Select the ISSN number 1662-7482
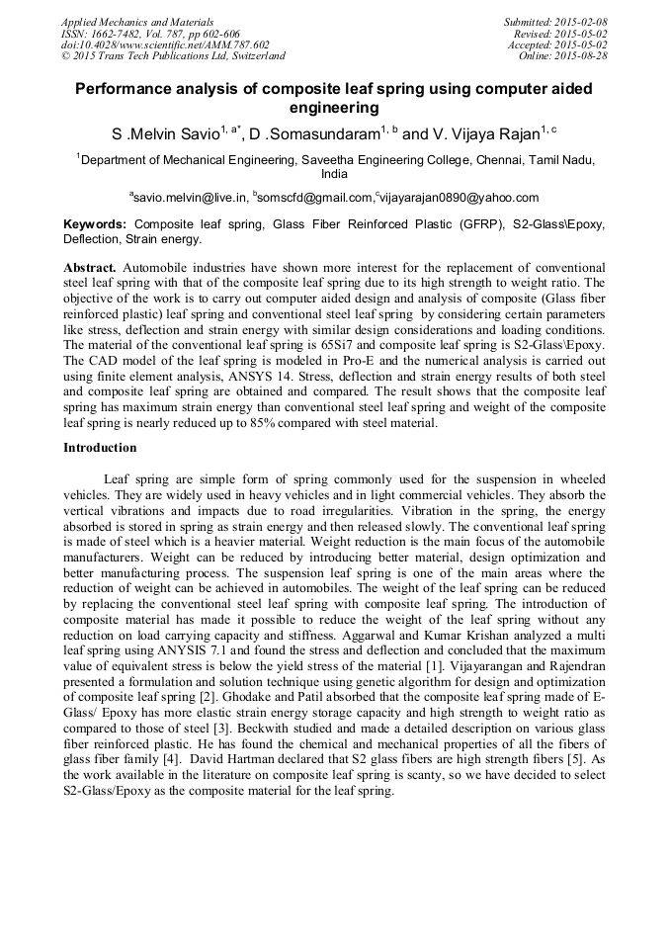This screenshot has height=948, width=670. [118, 34]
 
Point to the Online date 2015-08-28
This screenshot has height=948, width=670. [582, 56]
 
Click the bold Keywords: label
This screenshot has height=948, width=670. [95, 224]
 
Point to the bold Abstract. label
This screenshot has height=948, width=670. [91, 268]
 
